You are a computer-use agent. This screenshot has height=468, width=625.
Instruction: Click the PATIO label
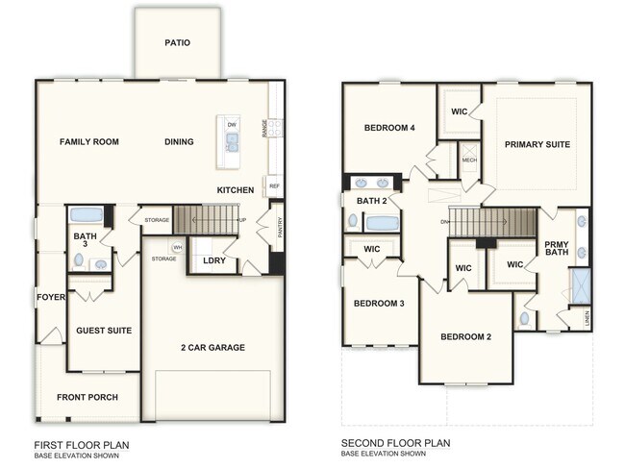[x=177, y=42]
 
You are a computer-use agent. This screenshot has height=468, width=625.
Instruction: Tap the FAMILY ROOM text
[x=88, y=142]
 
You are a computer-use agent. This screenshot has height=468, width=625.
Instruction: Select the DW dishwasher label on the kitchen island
[x=232, y=125]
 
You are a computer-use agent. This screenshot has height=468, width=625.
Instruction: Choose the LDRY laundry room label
[x=213, y=260]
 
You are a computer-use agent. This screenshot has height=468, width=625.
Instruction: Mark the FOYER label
[x=50, y=297]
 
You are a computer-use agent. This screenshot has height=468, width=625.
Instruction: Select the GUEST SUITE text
[x=104, y=331]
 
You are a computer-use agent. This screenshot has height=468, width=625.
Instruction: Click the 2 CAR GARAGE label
[x=212, y=347]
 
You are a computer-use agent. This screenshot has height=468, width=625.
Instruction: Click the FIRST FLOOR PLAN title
[x=81, y=445]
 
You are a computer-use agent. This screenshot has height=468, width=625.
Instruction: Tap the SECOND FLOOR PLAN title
[x=395, y=444]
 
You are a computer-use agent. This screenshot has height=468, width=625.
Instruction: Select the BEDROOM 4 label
[x=389, y=128]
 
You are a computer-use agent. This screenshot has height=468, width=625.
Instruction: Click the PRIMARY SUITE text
[x=537, y=144]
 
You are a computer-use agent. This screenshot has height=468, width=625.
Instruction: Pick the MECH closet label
[x=469, y=160]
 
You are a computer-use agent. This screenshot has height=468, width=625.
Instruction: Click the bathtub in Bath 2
[x=382, y=223]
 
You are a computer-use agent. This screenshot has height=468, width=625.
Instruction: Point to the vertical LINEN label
[x=587, y=317]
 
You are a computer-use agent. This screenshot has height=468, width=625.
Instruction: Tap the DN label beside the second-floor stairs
[x=444, y=222]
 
